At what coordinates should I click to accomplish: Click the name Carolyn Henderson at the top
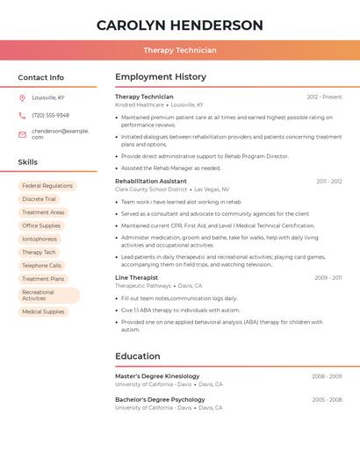180,25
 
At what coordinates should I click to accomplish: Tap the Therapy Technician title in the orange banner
180,50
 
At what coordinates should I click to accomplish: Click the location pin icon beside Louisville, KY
22,97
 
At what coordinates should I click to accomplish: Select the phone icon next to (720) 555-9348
22,115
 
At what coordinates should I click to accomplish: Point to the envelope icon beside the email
22,134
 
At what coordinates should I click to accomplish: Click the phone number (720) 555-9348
50,115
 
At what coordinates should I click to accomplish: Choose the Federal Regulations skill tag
47,186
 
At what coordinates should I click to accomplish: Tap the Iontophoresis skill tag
40,239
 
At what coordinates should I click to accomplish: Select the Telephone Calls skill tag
42,265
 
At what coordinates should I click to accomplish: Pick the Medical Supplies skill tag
43,311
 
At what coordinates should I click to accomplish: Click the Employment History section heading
161,77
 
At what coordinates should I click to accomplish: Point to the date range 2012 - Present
324,97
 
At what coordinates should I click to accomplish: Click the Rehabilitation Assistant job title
151,181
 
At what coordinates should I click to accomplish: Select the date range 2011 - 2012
329,181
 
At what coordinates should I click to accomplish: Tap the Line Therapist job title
136,277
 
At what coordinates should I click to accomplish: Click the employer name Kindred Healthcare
140,104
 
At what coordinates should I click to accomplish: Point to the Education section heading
138,356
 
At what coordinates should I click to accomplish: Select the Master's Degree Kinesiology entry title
157,376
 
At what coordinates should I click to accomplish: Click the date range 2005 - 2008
327,399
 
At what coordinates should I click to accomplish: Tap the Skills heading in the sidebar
27,162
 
